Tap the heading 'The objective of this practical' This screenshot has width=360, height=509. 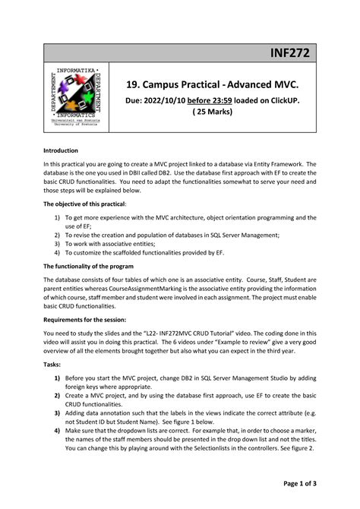84,204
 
